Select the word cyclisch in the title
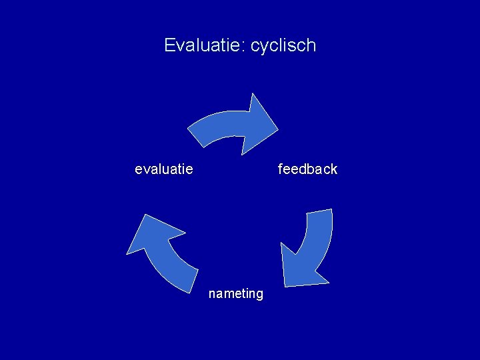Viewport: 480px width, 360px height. pyautogui.click(x=283, y=46)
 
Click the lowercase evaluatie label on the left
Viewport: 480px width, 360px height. pyautogui.click(x=164, y=169)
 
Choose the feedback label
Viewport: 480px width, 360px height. pyautogui.click(x=307, y=169)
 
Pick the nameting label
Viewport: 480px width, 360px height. pyautogui.click(x=235, y=294)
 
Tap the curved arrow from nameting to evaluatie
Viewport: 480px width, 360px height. pyautogui.click(x=160, y=250)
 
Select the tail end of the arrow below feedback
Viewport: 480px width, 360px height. pyautogui.click(x=319, y=213)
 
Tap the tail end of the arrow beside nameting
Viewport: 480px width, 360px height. pyautogui.click(x=189, y=281)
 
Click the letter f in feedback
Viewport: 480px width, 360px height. pyautogui.click(x=281, y=169)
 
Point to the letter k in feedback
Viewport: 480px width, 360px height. pyautogui.click(x=334, y=169)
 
